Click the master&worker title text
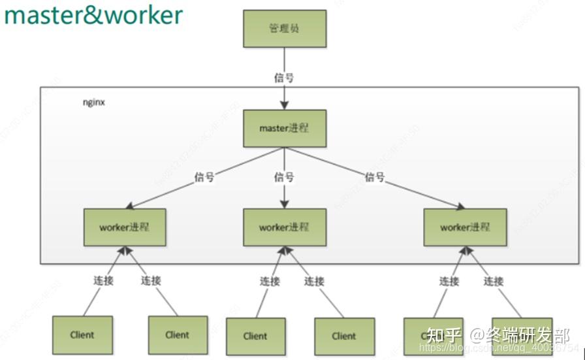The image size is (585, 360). click(x=93, y=15)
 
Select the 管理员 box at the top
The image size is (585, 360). click(x=284, y=29)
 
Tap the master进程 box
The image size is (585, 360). click(x=284, y=128)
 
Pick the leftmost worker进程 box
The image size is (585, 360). click(x=124, y=227)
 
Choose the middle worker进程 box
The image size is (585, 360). click(x=284, y=227)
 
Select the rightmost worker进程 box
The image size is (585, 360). click(x=464, y=227)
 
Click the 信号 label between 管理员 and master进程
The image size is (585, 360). click(x=284, y=78)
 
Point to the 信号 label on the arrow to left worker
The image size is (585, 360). click(x=204, y=177)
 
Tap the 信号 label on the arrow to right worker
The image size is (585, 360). click(x=375, y=177)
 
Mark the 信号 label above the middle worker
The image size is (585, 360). click(x=284, y=177)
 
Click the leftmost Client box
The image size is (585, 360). click(x=82, y=335)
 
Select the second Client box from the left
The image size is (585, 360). click(x=178, y=335)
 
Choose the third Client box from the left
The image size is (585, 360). click(x=255, y=336)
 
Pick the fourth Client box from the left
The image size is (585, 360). click(x=344, y=336)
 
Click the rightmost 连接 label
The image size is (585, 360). click(x=494, y=281)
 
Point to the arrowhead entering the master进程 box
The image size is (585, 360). click(x=284, y=105)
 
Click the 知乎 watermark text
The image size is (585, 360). click(x=444, y=335)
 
